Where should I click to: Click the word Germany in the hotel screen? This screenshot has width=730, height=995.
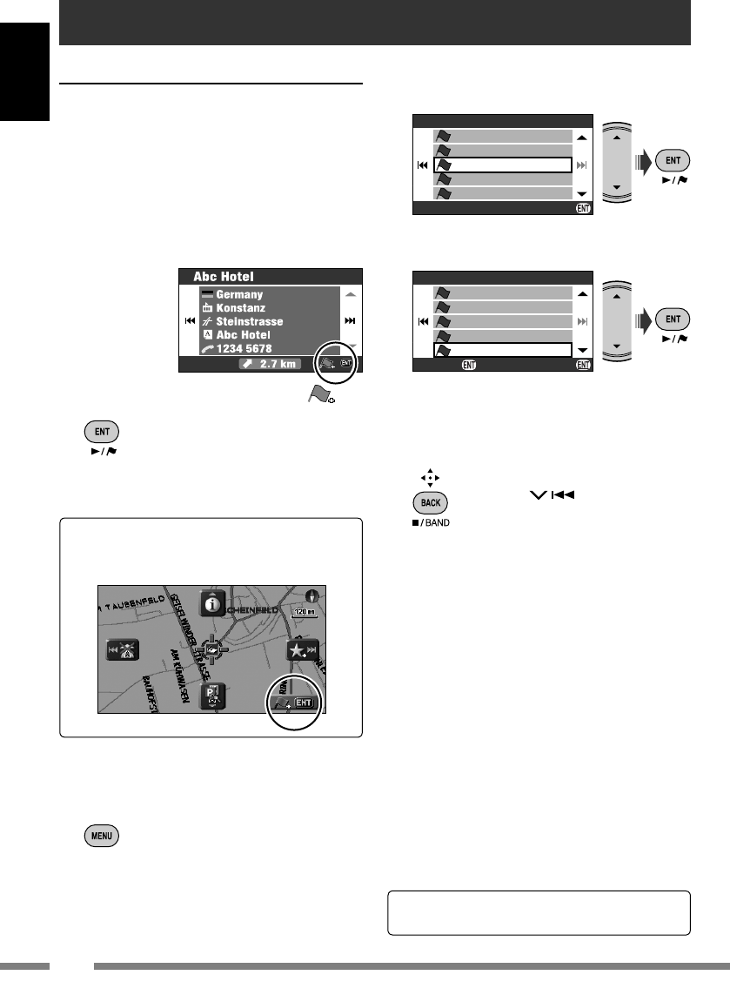pyautogui.click(x=238, y=294)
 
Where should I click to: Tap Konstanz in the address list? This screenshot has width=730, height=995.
pyautogui.click(x=241, y=308)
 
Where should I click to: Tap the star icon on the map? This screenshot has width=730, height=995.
pyautogui.click(x=304, y=652)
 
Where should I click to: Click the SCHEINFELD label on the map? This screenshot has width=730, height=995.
pyautogui.click(x=252, y=609)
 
